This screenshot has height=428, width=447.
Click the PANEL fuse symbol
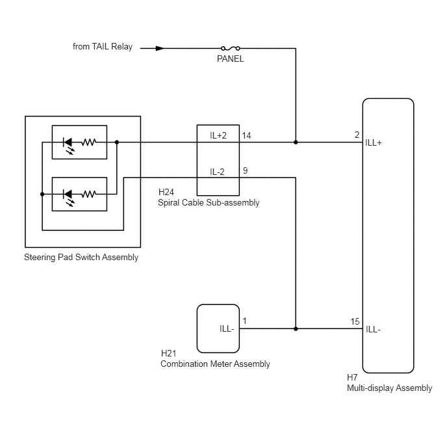231,48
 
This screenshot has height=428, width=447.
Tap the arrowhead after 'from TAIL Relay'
160,48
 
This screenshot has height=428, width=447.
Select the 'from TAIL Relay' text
103,47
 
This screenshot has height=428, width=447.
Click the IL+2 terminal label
218,135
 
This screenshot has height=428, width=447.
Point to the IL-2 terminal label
217,172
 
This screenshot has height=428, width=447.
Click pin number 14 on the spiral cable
247,135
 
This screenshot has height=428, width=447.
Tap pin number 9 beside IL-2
245,170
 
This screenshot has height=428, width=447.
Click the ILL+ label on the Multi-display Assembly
374,142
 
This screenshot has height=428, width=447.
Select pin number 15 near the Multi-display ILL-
355,321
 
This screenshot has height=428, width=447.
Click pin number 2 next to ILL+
357,135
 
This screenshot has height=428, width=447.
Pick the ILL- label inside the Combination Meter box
227,328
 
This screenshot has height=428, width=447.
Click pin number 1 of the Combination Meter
244,321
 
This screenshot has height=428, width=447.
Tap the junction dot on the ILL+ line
296,142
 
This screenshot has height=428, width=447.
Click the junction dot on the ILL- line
296,328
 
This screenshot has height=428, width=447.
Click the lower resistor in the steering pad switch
88,194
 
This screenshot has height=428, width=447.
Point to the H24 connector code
166,192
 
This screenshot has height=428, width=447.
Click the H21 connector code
169,354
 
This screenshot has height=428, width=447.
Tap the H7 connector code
352,377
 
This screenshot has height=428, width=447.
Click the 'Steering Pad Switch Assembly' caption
81,258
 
